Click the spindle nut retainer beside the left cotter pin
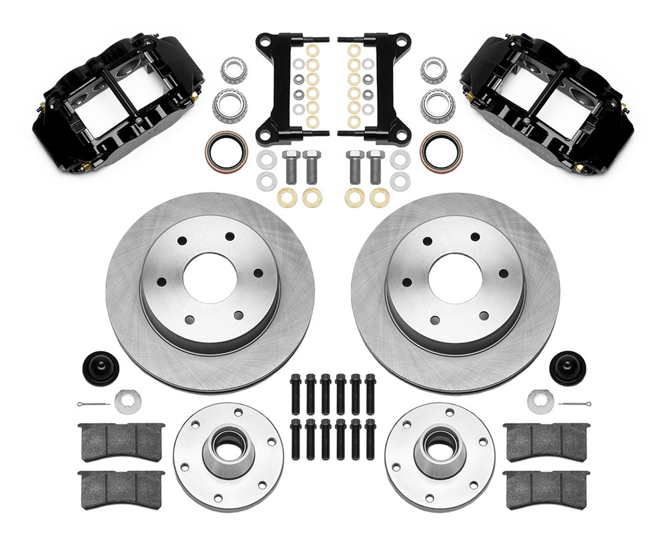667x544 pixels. pos(127,400)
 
